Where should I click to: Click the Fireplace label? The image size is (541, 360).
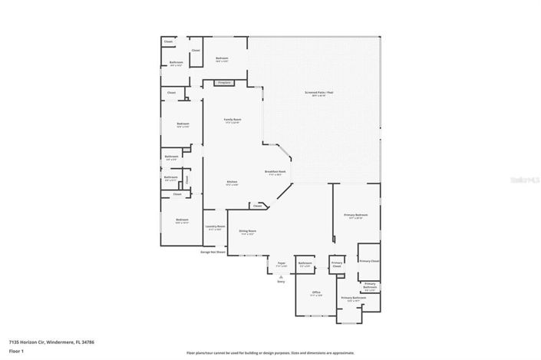tap(224, 82)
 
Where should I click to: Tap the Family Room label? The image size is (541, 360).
tap(232, 121)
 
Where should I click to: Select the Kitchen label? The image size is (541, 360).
tap(232, 183)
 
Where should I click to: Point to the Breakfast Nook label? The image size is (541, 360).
tap(275, 173)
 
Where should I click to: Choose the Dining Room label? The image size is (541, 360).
tap(247, 232)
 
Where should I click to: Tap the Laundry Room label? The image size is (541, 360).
tap(215, 227)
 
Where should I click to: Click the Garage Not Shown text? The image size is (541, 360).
tap(213, 252)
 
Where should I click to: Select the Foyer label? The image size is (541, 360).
tap(282, 265)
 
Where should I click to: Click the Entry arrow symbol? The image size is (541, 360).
tap(281, 276)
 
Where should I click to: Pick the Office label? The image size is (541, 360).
tap(315, 293)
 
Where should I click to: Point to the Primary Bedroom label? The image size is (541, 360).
tap(355, 216)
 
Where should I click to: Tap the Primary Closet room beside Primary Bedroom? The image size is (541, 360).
tap(369, 262)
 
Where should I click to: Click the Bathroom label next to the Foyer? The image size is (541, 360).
tap(305, 264)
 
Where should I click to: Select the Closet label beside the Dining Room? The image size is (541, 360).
tap(258, 206)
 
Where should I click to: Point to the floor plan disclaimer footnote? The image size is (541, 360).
tap(270, 353)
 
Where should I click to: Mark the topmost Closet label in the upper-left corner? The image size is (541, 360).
tap(168, 41)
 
